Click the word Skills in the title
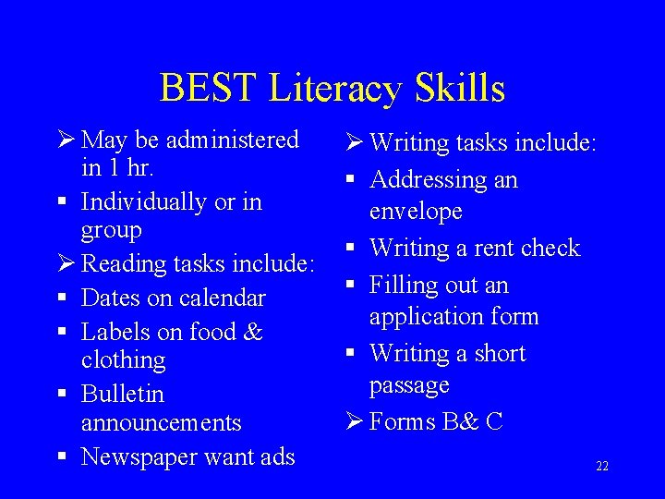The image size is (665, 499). [x=460, y=89]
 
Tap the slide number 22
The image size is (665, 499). [x=601, y=467]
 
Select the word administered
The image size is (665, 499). [x=236, y=140]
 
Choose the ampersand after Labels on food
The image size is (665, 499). [x=253, y=331]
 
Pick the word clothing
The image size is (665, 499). [x=123, y=359]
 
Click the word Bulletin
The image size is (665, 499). [x=123, y=394]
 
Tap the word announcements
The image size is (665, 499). [x=161, y=422]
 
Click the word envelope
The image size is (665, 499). [x=416, y=212]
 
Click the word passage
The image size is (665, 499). [x=409, y=384]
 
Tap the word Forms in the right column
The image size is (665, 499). [x=402, y=421]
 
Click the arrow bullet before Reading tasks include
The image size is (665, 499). [x=65, y=263]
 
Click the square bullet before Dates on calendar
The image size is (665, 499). [x=64, y=298]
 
